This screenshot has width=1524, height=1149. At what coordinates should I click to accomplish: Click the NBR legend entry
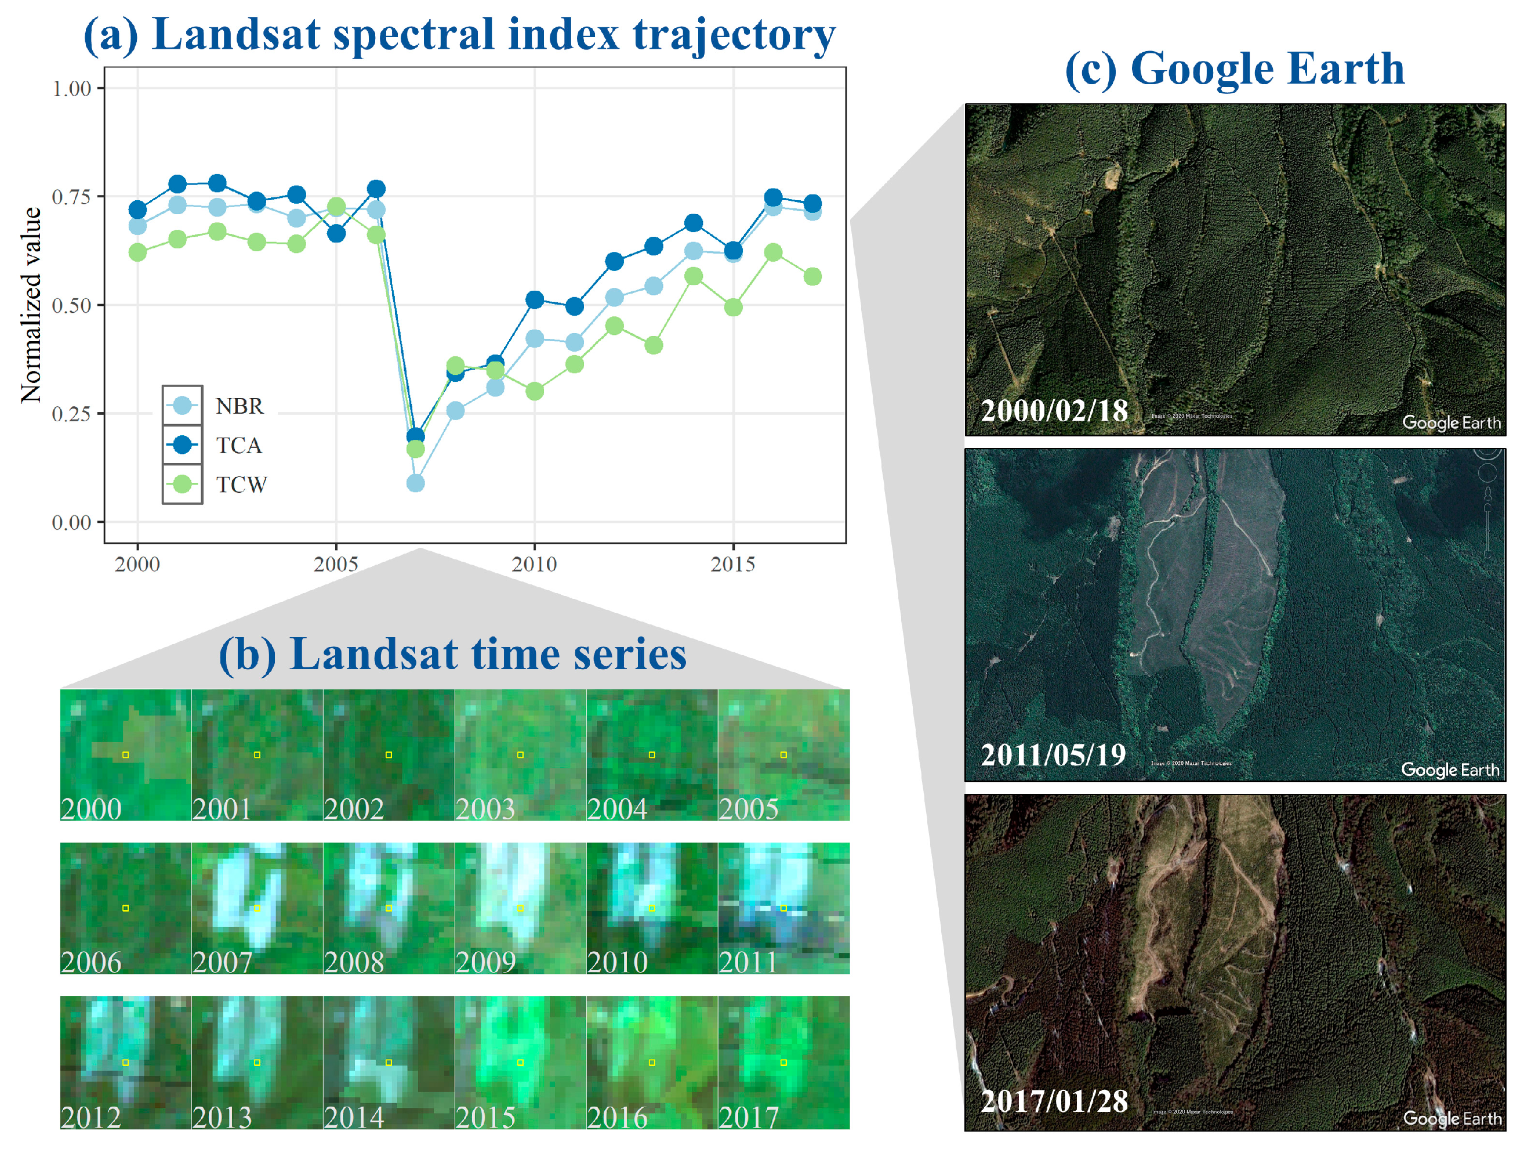[238, 406]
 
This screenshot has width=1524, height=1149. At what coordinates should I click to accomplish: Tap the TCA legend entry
[238, 445]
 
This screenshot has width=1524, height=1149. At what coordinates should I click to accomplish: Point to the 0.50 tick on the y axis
[72, 305]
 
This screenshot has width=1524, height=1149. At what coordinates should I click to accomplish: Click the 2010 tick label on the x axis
[534, 565]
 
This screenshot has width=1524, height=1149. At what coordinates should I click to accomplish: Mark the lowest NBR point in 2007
[415, 483]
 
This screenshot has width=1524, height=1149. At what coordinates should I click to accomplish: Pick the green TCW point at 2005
[336, 207]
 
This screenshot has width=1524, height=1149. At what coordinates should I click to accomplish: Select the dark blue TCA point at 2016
[773, 198]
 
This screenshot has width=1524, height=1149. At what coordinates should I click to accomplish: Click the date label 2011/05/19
[1053, 755]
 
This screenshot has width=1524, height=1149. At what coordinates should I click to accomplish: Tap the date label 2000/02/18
[1054, 411]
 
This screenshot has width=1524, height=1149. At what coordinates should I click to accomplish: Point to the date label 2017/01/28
[1054, 1101]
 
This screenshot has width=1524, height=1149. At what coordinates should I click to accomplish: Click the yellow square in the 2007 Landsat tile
[257, 908]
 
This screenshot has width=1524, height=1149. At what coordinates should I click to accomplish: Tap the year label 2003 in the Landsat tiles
[485, 808]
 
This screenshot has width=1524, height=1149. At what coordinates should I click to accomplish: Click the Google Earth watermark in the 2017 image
[1452, 1118]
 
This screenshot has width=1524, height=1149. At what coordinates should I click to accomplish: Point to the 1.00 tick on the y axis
[72, 88]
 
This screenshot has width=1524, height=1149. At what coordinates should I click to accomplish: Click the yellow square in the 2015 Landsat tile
[520, 1062]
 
